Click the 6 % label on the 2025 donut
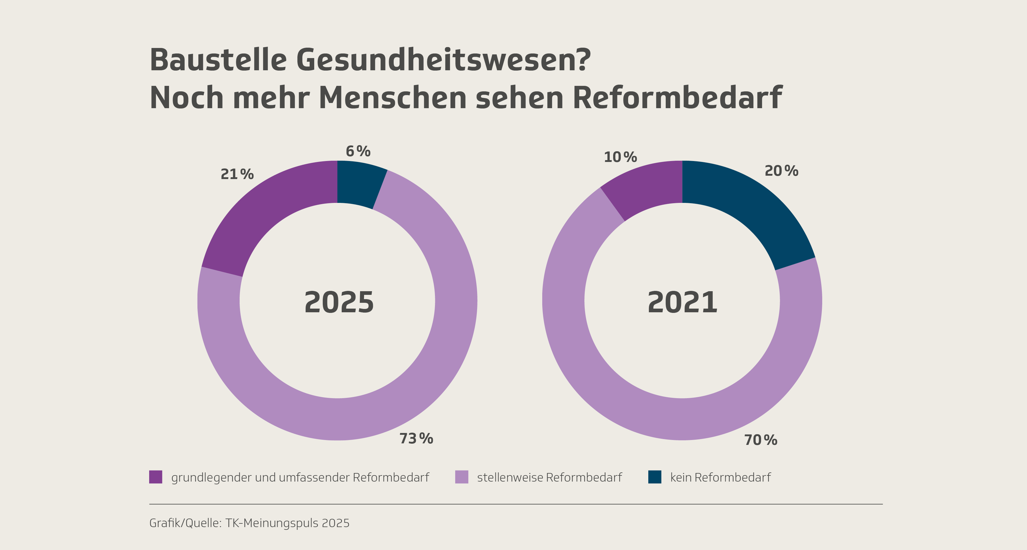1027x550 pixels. tap(358, 152)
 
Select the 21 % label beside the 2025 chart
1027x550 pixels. tap(237, 174)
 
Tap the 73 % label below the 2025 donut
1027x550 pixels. tap(416, 438)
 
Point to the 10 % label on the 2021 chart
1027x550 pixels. tap(620, 157)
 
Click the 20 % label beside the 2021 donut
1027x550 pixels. tap(781, 171)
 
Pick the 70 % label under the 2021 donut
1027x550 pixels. tap(760, 440)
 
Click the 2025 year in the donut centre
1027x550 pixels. tap(339, 302)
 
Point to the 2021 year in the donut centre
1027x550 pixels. tap(682, 302)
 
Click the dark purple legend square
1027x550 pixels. tap(156, 477)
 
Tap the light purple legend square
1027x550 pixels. tap(461, 477)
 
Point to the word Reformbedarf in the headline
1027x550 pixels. tap(677, 98)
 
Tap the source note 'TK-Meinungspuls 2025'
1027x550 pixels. tap(287, 523)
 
